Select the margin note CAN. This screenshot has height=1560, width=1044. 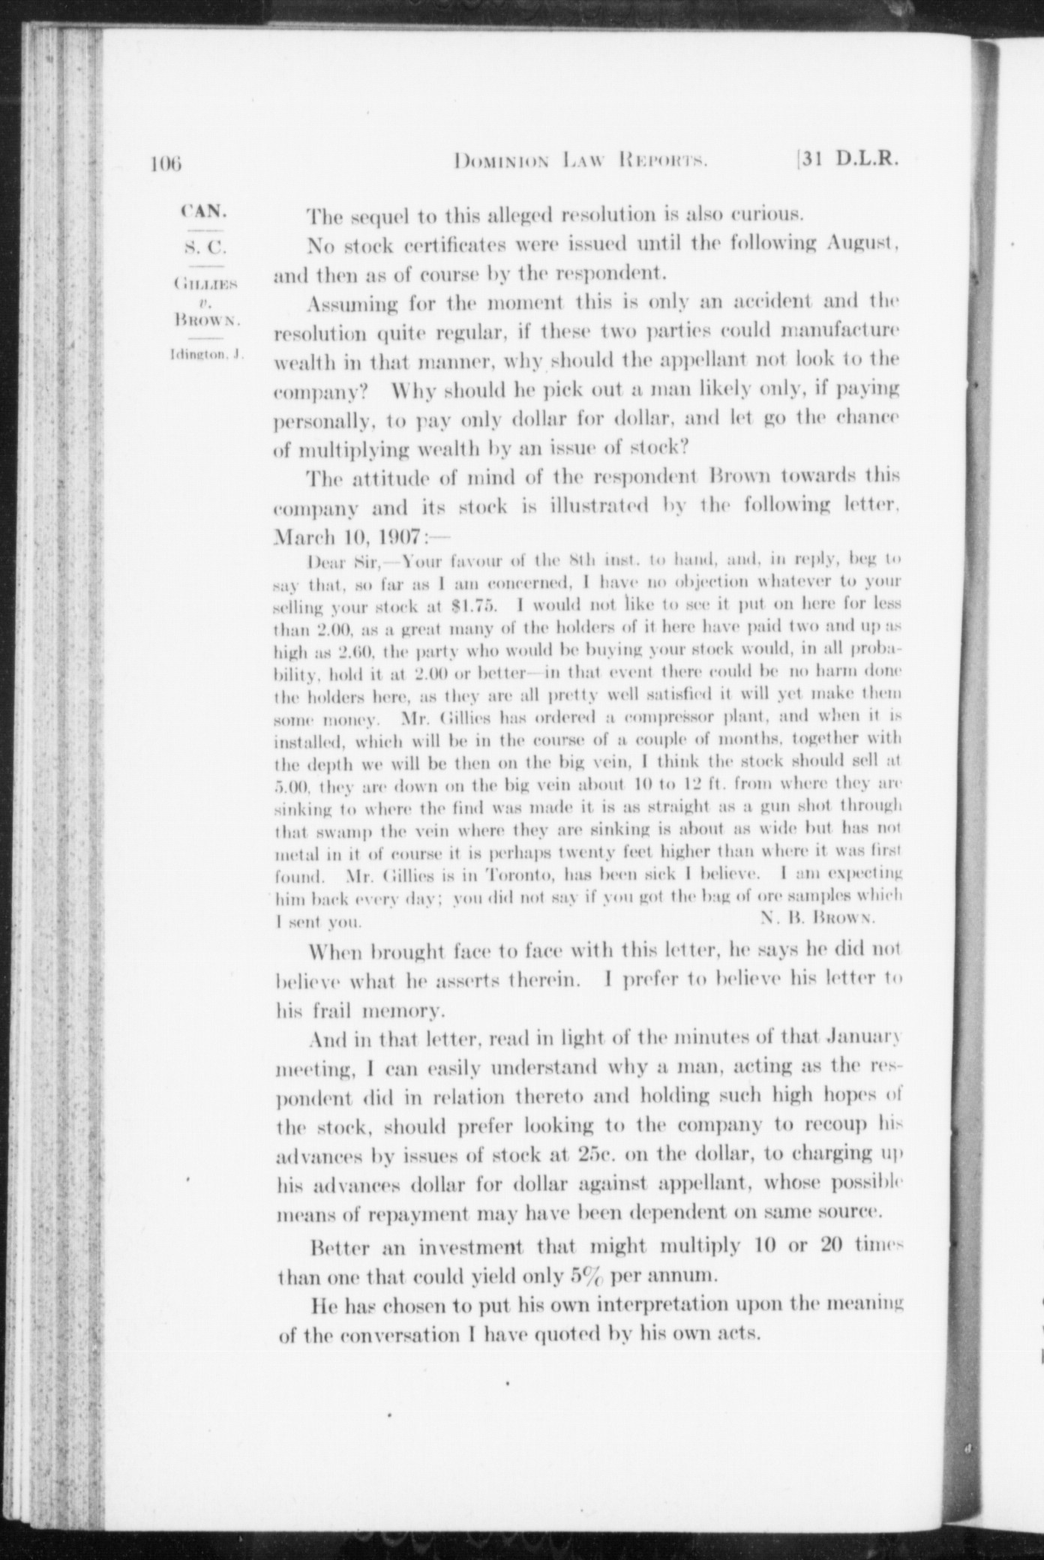point(202,211)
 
